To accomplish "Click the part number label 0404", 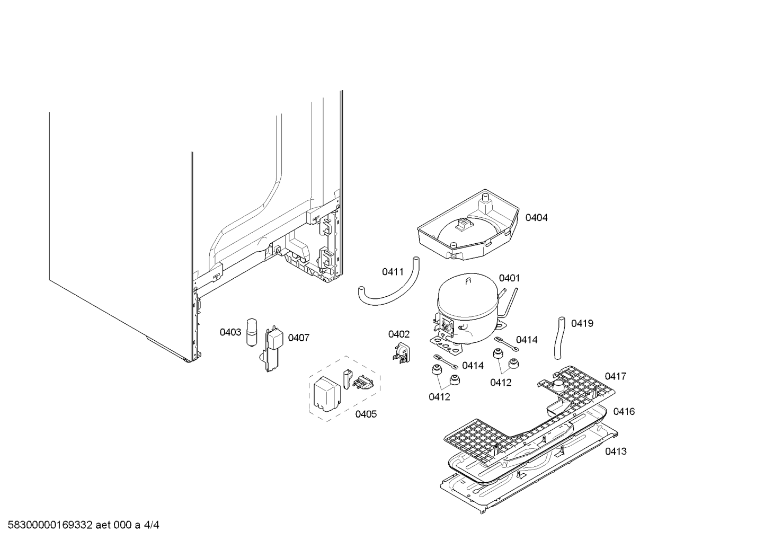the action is pyautogui.click(x=536, y=218).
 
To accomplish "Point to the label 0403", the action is pyautogui.click(x=230, y=332).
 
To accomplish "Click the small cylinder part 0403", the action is pyautogui.click(x=252, y=333).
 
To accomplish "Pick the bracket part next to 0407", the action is pyautogui.click(x=273, y=350).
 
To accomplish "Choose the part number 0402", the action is pyautogui.click(x=399, y=334).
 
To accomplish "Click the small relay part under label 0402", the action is pyautogui.click(x=402, y=352).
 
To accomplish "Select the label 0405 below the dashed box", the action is pyautogui.click(x=366, y=414).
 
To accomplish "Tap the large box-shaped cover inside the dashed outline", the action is pyautogui.click(x=327, y=394).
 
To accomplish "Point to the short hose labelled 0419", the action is pyautogui.click(x=559, y=338).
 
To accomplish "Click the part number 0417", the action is pyautogui.click(x=616, y=376).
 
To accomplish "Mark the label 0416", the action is pyautogui.click(x=624, y=411).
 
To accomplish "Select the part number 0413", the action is pyautogui.click(x=616, y=452).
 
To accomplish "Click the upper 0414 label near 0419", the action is pyautogui.click(x=527, y=340).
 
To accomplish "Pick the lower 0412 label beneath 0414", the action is pyautogui.click(x=439, y=397).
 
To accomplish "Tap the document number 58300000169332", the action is pyautogui.click(x=50, y=525).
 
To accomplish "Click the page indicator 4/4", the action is pyautogui.click(x=151, y=525).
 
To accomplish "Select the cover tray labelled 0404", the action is pyautogui.click(x=468, y=225).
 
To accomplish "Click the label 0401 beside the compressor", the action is pyautogui.click(x=509, y=278).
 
